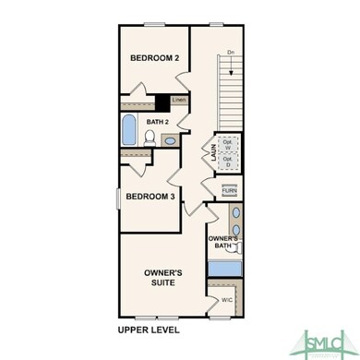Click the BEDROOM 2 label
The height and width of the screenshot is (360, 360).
point(153,58)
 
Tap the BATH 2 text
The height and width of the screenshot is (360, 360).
point(156,121)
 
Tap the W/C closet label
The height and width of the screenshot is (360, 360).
point(226,300)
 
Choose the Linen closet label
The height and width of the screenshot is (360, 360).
point(179,100)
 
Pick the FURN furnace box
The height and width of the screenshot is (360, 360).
point(228,190)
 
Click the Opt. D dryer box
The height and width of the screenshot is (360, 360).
point(228,162)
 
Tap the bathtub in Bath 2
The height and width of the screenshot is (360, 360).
point(129,129)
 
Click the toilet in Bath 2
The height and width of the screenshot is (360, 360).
point(150,137)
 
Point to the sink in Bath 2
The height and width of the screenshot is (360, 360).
point(171,140)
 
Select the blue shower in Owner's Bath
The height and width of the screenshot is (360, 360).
point(224,270)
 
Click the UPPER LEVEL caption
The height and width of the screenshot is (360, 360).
point(149,330)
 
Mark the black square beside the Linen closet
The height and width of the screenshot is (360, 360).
point(162,102)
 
